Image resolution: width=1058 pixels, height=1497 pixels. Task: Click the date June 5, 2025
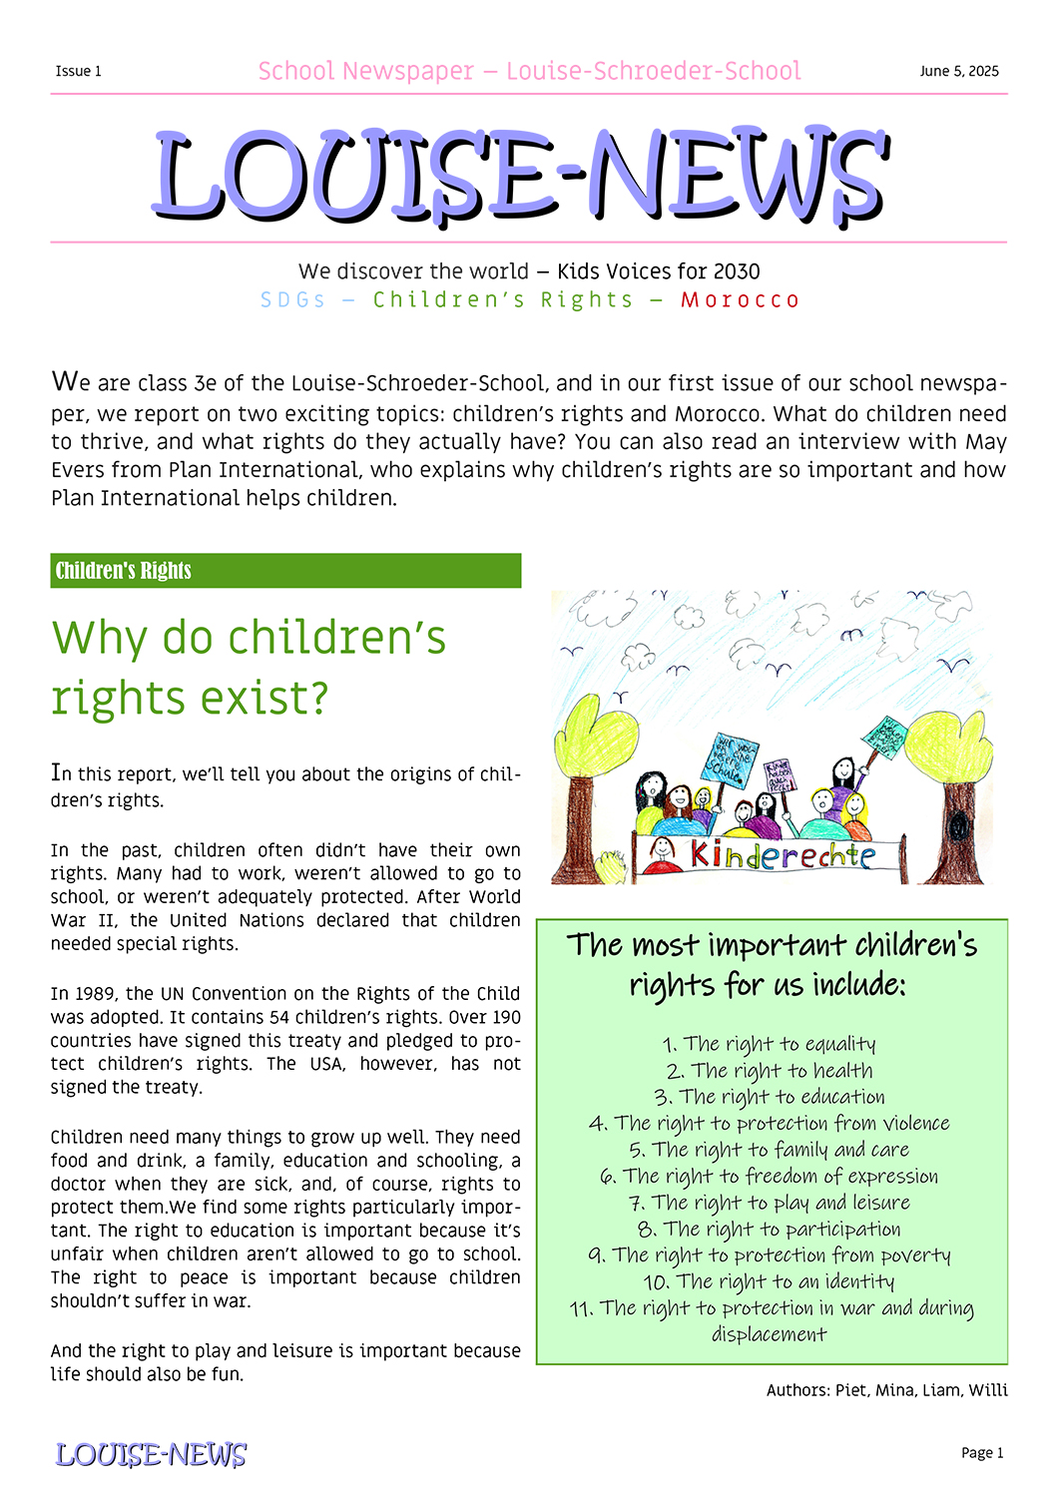(958, 71)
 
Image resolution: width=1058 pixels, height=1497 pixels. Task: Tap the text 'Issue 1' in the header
(78, 71)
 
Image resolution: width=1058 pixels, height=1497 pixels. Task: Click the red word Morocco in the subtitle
(740, 300)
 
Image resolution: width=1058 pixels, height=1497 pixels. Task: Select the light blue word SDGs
(292, 300)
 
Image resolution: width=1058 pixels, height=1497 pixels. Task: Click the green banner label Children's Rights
(123, 571)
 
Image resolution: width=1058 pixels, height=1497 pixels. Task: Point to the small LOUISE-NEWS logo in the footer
(151, 1454)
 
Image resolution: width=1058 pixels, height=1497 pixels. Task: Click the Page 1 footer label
(982, 1453)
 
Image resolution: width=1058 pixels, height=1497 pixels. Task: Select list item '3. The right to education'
(770, 1097)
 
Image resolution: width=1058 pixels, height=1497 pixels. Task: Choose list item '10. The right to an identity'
(769, 1281)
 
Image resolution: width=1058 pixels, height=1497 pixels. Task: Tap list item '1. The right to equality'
(769, 1044)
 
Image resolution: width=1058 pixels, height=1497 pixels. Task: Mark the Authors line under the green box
(886, 1390)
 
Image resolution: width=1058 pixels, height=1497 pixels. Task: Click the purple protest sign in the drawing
(779, 774)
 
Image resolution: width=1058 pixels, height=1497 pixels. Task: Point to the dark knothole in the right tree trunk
(959, 827)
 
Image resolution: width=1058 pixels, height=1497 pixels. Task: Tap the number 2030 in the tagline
(737, 271)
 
